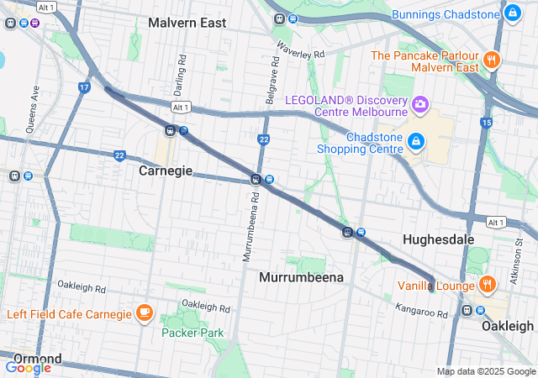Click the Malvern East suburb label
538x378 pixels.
(x=187, y=23)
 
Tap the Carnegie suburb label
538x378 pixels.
(x=165, y=171)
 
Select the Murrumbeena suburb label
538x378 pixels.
(x=302, y=276)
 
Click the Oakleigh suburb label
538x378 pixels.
(x=507, y=326)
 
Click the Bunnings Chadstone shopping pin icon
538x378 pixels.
(x=512, y=13)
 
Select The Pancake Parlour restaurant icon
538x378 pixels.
(x=492, y=60)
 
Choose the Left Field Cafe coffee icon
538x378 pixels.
(x=144, y=313)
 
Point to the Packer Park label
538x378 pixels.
(x=193, y=333)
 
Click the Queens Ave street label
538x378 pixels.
(x=35, y=103)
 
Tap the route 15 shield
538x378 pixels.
(x=486, y=123)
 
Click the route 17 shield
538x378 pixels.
(x=84, y=87)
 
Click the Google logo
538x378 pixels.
(x=28, y=367)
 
